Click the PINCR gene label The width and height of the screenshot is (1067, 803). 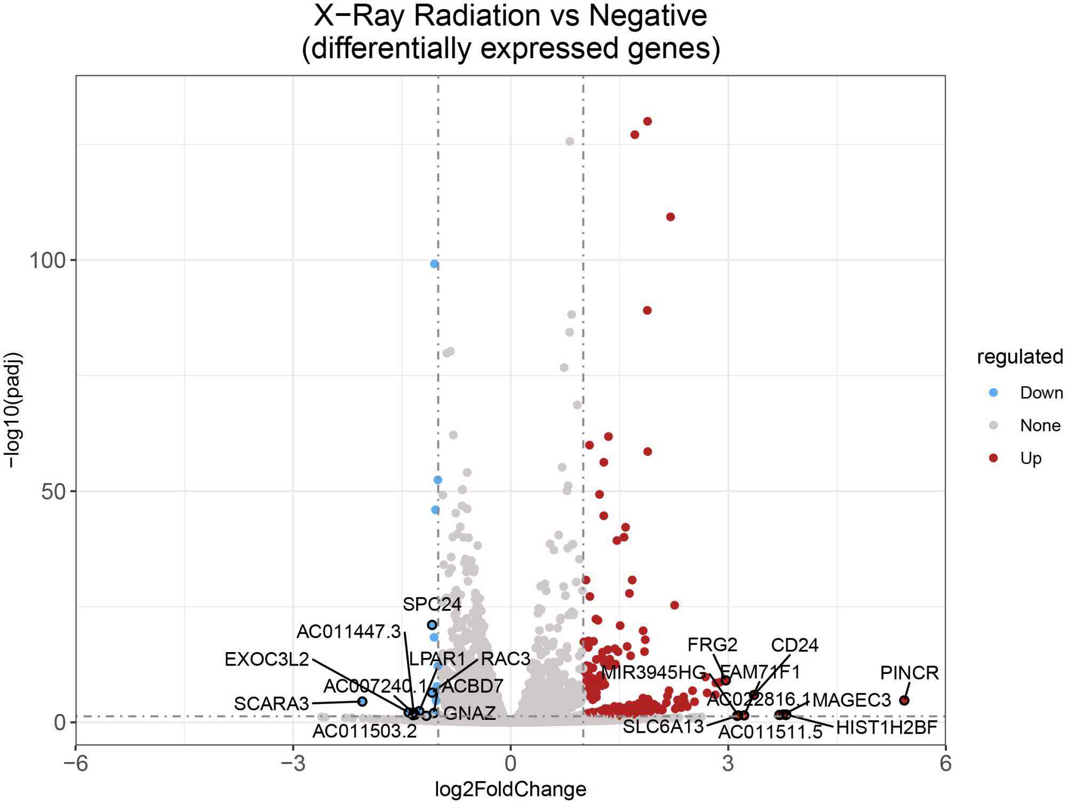click(909, 672)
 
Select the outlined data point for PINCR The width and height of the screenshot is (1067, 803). click(904, 700)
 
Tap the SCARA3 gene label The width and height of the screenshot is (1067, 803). click(271, 703)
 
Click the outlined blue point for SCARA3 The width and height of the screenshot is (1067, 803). click(362, 701)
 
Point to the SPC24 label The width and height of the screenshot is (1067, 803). click(432, 604)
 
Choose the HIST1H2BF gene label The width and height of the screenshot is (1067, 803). click(886, 727)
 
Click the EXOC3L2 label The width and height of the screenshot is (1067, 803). click(267, 659)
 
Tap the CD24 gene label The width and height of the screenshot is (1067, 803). click(794, 645)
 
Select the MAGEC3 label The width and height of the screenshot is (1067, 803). click(851, 700)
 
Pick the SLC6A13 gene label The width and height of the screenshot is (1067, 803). click(663, 726)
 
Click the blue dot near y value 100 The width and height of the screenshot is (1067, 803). click(434, 264)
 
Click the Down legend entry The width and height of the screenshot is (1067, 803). click(1041, 392)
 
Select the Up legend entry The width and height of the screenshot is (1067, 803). click(1030, 458)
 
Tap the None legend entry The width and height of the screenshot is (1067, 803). click(1040, 425)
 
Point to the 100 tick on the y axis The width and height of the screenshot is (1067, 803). click(47, 261)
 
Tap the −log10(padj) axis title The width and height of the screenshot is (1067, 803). click(13, 410)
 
